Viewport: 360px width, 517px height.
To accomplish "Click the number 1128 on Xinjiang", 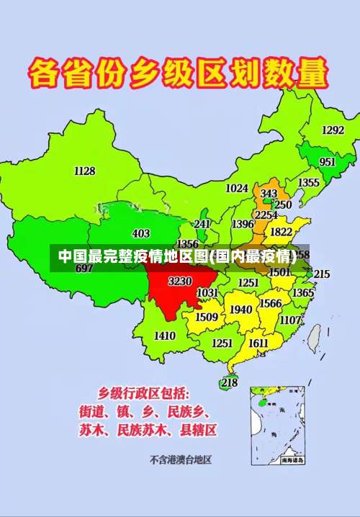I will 84,171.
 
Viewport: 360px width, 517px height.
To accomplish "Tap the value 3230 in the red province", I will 179,281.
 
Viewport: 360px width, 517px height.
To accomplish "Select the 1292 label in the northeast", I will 333,130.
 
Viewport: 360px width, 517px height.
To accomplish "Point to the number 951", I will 328,162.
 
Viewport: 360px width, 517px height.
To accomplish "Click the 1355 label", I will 309,183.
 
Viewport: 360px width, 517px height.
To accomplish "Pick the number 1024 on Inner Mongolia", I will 237,189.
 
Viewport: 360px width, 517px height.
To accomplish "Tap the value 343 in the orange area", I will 269,194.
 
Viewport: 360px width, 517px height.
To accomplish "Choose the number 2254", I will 266,215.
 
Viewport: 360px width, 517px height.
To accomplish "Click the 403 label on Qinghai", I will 141,233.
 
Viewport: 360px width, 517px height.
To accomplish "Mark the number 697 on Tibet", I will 84,269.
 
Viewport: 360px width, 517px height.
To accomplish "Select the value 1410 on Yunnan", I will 164,336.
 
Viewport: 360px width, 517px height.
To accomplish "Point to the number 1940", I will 240,310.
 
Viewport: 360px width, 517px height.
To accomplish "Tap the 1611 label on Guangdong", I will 258,343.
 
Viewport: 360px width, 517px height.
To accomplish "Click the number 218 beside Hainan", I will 229,382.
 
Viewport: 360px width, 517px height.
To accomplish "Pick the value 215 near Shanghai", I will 321,274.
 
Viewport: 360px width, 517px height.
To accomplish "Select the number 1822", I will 281,232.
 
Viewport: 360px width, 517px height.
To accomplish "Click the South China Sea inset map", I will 277,424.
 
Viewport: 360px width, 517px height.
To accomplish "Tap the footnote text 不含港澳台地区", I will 180,459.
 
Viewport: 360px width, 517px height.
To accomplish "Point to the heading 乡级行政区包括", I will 144,394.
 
